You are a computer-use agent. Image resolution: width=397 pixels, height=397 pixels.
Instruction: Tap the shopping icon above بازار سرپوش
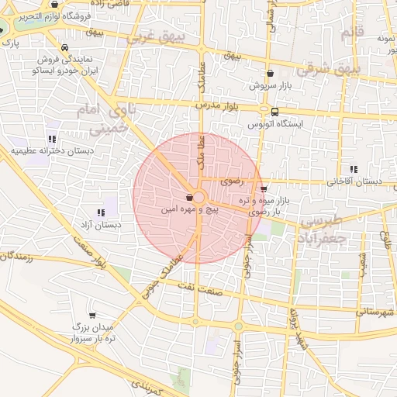pyautogui.click(x=270, y=74)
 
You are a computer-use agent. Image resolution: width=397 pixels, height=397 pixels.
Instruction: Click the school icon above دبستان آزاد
pyautogui.click(x=101, y=212)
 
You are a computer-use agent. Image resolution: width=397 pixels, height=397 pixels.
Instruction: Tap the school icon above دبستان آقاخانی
pyautogui.click(x=354, y=169)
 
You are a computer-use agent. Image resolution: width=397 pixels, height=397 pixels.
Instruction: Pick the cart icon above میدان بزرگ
pyautogui.click(x=93, y=316)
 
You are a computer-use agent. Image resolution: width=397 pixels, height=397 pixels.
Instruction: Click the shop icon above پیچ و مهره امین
pyautogui.click(x=190, y=198)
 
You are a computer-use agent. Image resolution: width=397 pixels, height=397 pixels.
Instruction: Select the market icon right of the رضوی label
pyautogui.click(x=264, y=188)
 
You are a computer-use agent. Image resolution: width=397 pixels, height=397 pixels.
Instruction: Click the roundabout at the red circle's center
pyautogui.click(x=199, y=198)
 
